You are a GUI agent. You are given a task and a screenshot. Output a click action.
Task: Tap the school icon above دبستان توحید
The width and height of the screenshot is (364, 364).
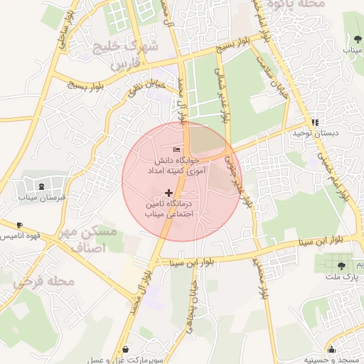[315, 122]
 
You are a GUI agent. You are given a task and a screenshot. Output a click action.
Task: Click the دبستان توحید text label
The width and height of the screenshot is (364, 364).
[316, 133]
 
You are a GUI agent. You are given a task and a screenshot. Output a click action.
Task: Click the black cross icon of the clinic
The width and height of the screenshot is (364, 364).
[168, 193]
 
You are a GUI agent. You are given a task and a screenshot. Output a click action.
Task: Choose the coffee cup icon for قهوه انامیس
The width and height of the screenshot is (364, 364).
[19, 225]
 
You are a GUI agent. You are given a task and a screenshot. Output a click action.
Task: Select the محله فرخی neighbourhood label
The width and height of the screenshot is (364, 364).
[44, 282]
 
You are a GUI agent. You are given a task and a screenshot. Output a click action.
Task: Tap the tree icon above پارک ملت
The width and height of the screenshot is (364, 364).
[342, 264]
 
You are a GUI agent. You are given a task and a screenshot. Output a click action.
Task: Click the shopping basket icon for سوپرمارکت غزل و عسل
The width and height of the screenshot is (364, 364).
[126, 349]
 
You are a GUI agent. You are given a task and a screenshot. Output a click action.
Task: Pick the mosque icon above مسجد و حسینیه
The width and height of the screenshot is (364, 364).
[331, 348]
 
